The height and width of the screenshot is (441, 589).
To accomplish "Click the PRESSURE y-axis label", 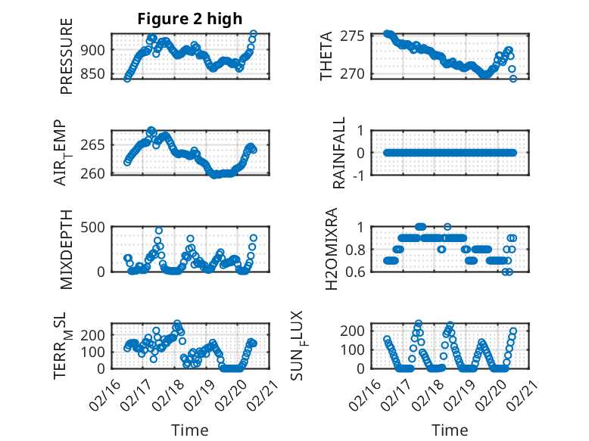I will [67, 61].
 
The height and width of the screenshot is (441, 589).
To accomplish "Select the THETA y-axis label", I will [326, 57].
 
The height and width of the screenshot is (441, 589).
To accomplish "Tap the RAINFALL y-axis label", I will [341, 153].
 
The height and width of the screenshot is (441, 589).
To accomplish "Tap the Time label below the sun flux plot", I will [450, 430].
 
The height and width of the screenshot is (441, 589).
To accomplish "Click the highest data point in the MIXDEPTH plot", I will [159, 231].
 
